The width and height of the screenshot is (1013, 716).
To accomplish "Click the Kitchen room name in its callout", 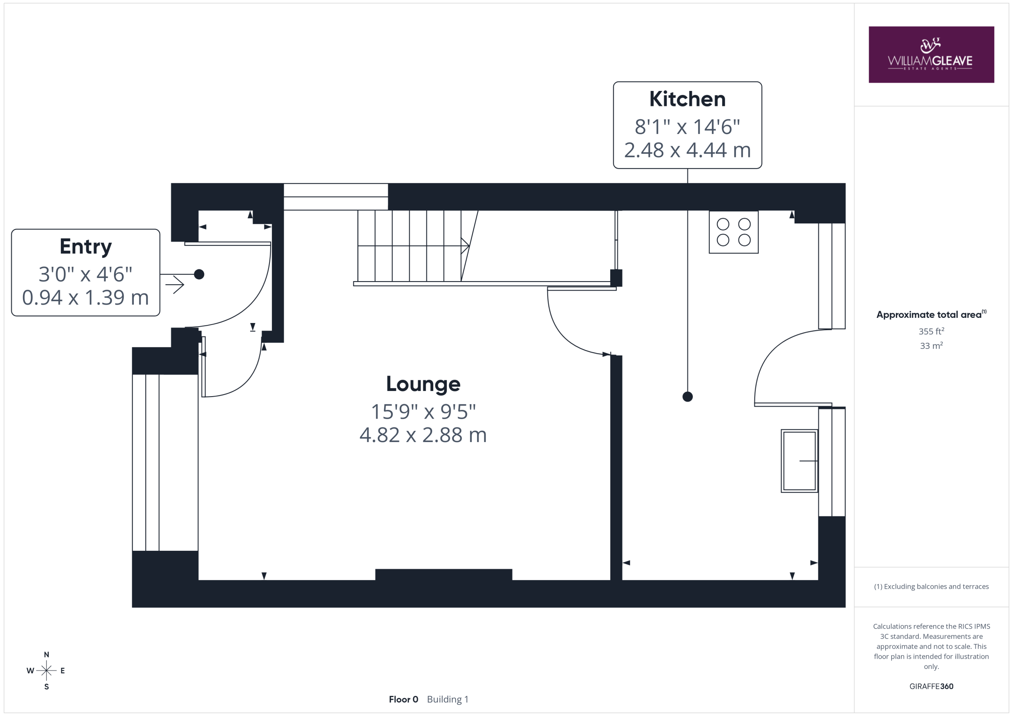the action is pos(687,99).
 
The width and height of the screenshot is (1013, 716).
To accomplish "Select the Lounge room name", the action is pos(423,384).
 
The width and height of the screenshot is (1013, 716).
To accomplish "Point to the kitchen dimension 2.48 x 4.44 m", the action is pos(687,150).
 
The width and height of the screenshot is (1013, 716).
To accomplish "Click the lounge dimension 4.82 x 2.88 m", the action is pos(423,435).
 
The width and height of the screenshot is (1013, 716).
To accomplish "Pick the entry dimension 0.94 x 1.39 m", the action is pos(85,298).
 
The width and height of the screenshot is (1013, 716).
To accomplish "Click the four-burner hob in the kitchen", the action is pos(733,232).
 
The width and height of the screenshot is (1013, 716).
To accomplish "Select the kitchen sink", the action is pos(799,461).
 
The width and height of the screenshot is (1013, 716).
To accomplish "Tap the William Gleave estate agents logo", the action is pos(931,55).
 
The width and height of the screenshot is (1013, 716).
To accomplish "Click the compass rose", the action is pos(46,671).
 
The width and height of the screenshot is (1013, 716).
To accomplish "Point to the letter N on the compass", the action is pos(46,655).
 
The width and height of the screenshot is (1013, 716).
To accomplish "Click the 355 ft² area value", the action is pos(931,331).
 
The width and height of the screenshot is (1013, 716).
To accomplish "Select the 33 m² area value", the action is pos(931,346).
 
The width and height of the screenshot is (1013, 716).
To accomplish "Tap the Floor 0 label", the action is pos(403,699).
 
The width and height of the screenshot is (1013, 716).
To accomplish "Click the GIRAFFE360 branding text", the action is pos(931,686).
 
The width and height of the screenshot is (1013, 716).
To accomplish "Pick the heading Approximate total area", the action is pos(931,314).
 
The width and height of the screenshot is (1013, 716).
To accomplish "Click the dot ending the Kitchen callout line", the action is pos(687,397).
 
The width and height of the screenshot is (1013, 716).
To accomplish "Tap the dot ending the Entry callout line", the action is pos(199,274).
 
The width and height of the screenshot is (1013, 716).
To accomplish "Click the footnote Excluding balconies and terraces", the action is pos(931,586).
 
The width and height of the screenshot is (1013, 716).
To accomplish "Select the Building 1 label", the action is pos(448,699).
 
